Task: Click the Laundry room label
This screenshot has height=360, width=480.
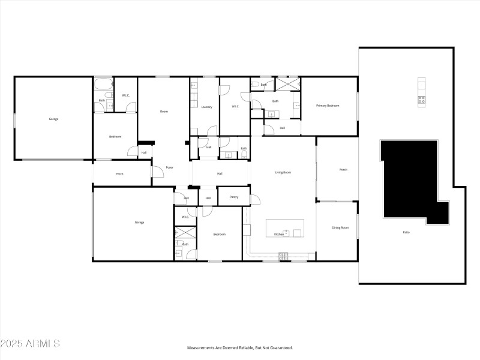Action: click(x=206, y=107)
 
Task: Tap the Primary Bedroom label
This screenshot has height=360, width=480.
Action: click(x=328, y=106)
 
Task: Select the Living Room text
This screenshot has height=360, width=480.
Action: click(x=283, y=173)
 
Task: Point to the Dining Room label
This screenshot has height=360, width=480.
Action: click(x=340, y=227)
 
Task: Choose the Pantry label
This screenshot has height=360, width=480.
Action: click(x=234, y=197)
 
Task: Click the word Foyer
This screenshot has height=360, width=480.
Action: click(x=170, y=167)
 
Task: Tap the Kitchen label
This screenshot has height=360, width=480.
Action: click(x=278, y=234)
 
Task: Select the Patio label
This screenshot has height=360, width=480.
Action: click(x=406, y=232)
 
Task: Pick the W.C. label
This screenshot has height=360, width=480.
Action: click(x=126, y=95)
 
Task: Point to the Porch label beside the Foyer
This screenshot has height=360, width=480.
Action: click(x=119, y=175)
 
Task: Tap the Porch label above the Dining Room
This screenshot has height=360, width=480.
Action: click(x=343, y=170)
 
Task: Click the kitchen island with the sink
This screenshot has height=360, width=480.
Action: click(x=285, y=228)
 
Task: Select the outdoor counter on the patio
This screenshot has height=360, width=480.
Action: click(x=422, y=92)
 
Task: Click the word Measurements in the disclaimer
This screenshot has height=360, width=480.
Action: click(x=202, y=347)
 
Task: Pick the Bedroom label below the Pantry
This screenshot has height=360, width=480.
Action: click(x=219, y=234)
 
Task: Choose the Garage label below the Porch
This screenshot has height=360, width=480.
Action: click(x=139, y=223)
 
